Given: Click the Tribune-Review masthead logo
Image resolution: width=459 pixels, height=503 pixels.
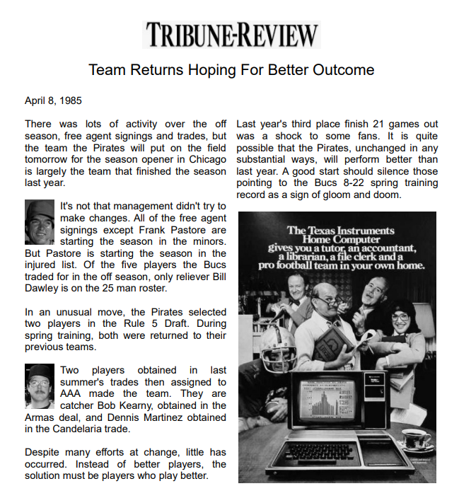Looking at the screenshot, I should (231, 34).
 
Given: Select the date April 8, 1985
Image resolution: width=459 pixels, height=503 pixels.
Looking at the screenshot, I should (54, 100).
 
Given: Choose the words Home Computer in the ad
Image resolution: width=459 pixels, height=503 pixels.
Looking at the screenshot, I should (337, 239).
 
